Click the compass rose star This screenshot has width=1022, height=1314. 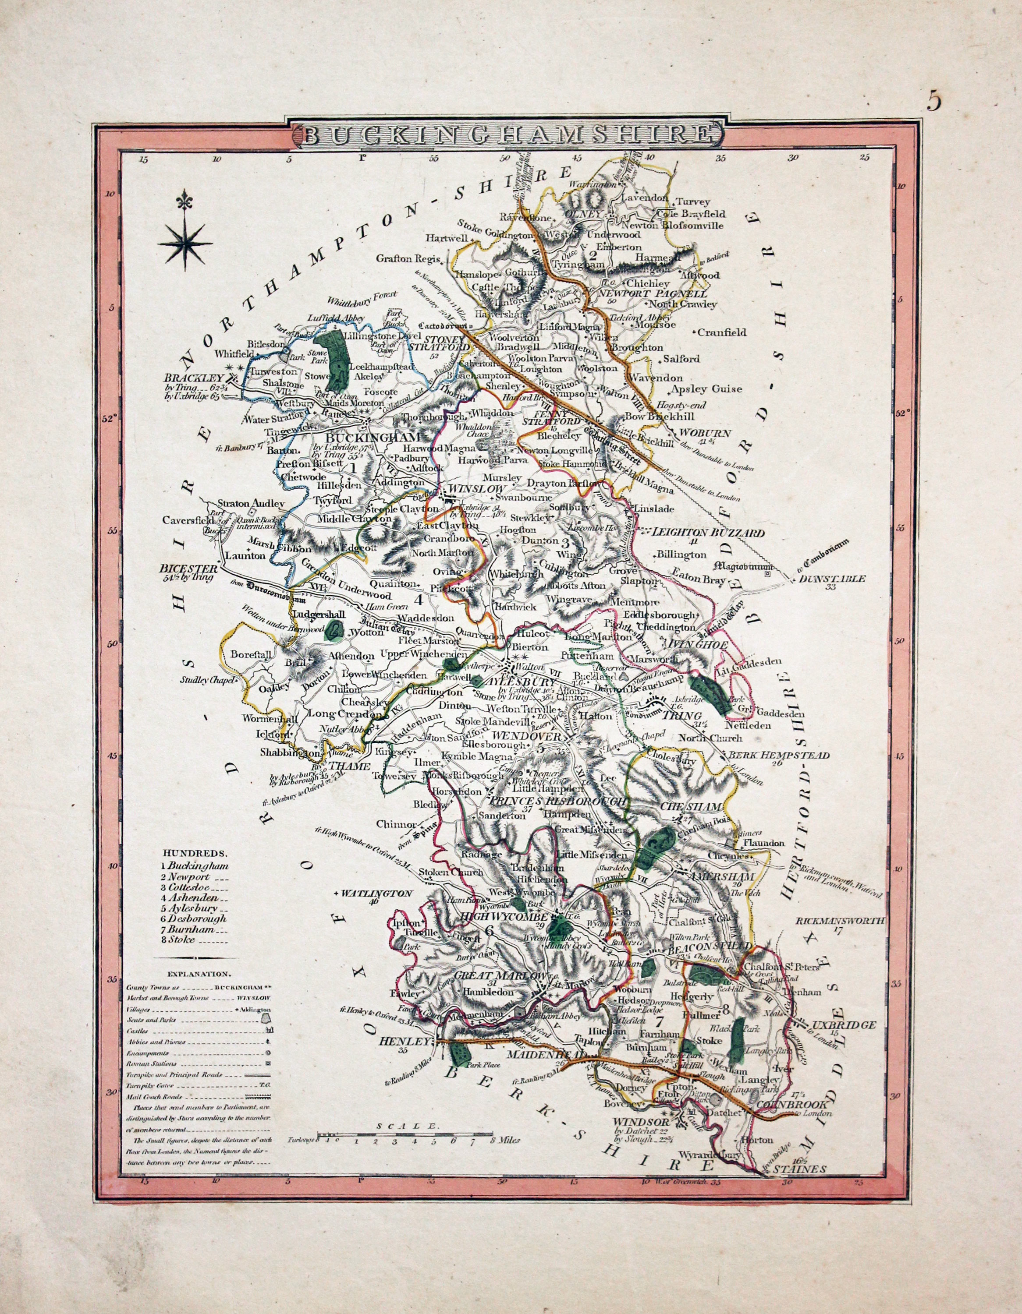[x=185, y=243]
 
